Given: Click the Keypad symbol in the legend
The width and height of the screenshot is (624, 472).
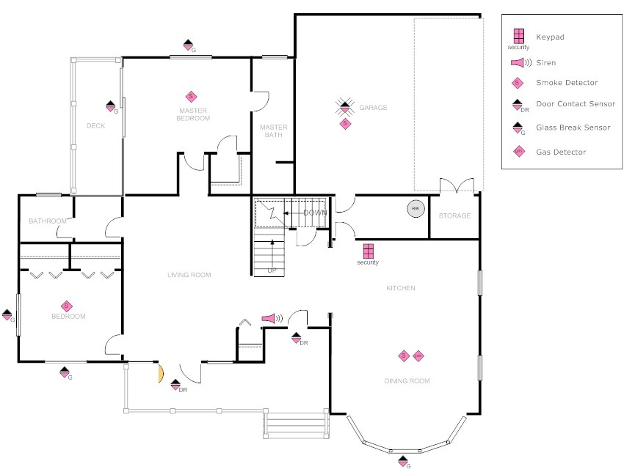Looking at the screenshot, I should (x=518, y=36).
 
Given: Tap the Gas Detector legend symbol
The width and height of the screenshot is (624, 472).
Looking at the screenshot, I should (x=518, y=152).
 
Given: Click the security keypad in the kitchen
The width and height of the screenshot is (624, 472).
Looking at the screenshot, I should (x=368, y=251).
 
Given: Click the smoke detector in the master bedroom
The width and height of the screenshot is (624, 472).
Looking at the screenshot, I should (x=191, y=96).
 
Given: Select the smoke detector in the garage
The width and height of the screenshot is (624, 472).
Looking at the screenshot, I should (x=345, y=124).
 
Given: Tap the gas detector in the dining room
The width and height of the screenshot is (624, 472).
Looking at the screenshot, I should (x=418, y=356).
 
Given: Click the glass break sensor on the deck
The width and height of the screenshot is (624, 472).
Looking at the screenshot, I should (x=111, y=106).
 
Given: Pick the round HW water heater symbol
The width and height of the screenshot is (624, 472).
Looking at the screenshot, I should (x=416, y=209).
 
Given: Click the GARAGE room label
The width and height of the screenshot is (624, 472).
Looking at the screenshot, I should (x=373, y=108).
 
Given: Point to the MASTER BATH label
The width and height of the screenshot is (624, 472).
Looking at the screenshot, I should (x=274, y=130).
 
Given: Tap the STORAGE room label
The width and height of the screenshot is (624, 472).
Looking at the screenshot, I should (x=454, y=216).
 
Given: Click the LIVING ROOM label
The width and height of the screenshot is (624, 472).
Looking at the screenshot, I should (x=189, y=275).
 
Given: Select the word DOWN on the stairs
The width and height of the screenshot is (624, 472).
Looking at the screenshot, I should (x=315, y=213).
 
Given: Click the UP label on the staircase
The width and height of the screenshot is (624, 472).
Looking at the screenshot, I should (x=272, y=270).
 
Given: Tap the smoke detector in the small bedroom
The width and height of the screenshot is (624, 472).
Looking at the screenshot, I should (x=66, y=306).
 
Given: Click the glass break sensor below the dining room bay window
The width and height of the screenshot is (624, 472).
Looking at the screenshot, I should (x=403, y=460).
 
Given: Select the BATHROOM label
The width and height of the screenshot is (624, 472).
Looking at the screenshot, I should (x=48, y=221).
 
